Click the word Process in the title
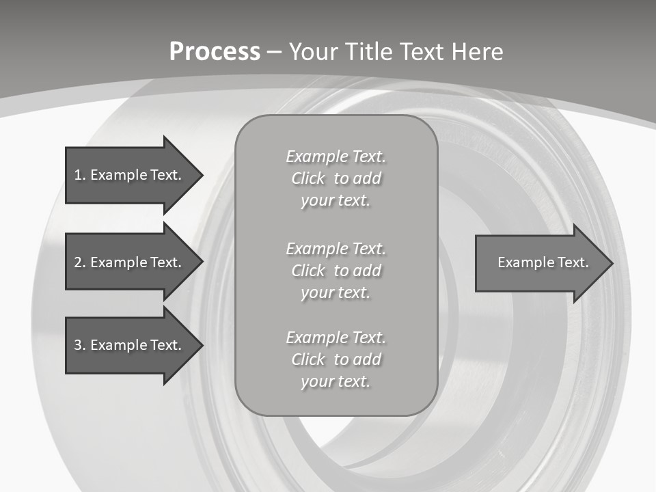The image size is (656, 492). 215,52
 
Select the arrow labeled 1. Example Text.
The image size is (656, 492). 130,175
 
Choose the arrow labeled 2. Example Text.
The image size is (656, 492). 130,262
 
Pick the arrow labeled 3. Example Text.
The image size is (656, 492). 130,345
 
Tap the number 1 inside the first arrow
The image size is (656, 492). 78,175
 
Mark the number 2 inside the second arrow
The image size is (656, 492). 78,262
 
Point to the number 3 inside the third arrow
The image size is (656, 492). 78,345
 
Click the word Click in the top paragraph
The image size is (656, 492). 308,178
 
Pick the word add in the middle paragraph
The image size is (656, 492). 368,271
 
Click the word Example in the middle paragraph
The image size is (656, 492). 316,249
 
